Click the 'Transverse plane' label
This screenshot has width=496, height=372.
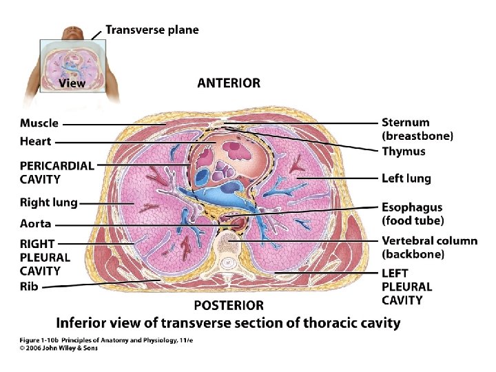tap(152, 30)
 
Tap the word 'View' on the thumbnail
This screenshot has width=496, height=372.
tap(72, 83)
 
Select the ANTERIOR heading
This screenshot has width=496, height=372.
tap(229, 83)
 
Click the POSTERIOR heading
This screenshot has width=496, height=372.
tap(229, 305)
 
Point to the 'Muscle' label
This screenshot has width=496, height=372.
tap(39, 123)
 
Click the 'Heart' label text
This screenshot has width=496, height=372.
tap(35, 141)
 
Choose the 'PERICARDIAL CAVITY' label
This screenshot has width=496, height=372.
tap(57, 172)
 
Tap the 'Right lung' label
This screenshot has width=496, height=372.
tap(49, 203)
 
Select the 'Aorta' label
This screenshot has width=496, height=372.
tap(35, 224)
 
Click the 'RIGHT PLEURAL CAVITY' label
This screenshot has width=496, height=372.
tap(45, 257)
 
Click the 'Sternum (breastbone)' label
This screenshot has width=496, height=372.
tap(417, 130)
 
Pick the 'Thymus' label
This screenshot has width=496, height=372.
tap(404, 152)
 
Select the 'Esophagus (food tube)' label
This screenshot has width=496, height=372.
tap(413, 214)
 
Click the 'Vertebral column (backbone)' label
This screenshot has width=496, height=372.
tap(429, 247)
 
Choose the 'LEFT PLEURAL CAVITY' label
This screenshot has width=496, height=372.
tap(407, 287)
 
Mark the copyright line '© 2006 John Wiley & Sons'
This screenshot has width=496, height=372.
tap(58, 348)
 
